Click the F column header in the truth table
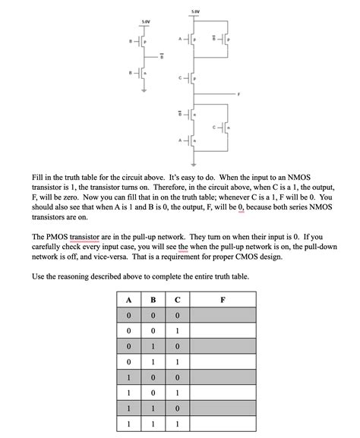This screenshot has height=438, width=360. (222, 298)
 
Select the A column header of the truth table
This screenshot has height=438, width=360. (130, 298)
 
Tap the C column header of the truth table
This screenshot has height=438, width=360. (176, 298)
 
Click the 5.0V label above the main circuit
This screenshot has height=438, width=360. (195, 11)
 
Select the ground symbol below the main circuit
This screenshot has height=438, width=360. (195, 162)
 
